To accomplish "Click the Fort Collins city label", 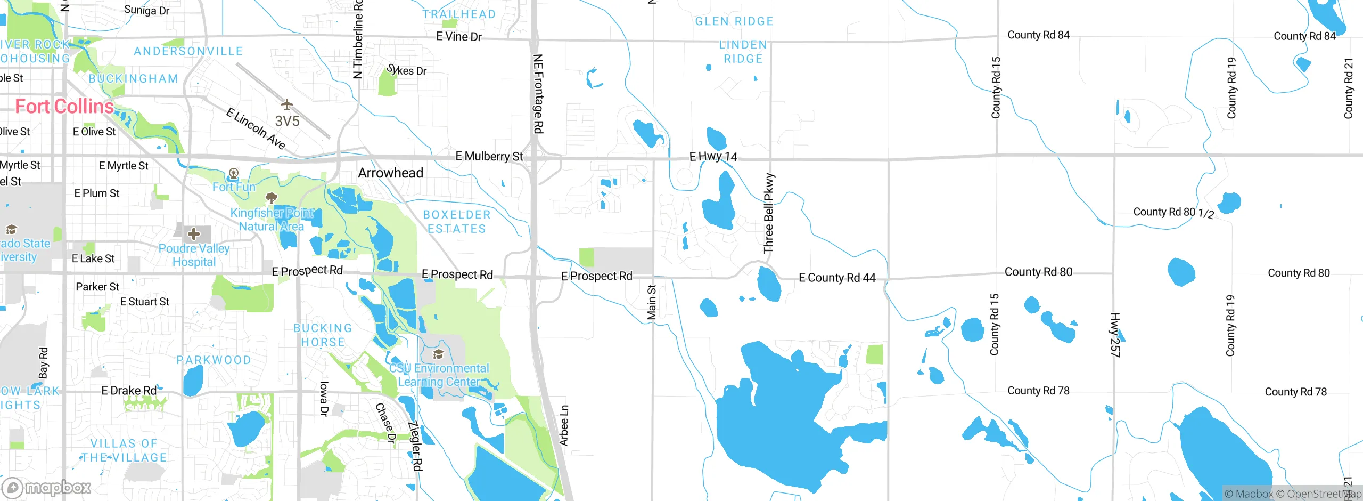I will click(x=64, y=107).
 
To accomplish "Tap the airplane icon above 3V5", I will click(x=287, y=103).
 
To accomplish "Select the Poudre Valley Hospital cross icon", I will click(x=194, y=233).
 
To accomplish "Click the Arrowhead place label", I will click(x=390, y=173).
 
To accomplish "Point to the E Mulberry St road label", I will click(x=489, y=156).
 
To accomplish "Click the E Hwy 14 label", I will click(x=713, y=156).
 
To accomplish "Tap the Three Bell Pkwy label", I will click(x=769, y=213).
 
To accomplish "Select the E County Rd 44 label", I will click(x=837, y=278).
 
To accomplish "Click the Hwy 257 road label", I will click(x=1115, y=335).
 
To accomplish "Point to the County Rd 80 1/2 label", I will click(x=1173, y=212).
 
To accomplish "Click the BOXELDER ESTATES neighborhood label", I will click(x=457, y=222).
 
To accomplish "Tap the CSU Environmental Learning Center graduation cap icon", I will click(x=438, y=354).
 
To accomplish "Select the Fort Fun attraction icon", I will click(x=233, y=173).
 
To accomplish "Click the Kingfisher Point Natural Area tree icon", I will click(x=272, y=199).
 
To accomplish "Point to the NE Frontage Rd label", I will click(x=538, y=94).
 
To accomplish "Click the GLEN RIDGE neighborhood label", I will click(x=734, y=21).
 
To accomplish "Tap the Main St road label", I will click(x=651, y=302).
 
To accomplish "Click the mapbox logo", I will click(x=46, y=488).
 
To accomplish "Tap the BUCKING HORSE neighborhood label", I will click(x=323, y=335).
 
